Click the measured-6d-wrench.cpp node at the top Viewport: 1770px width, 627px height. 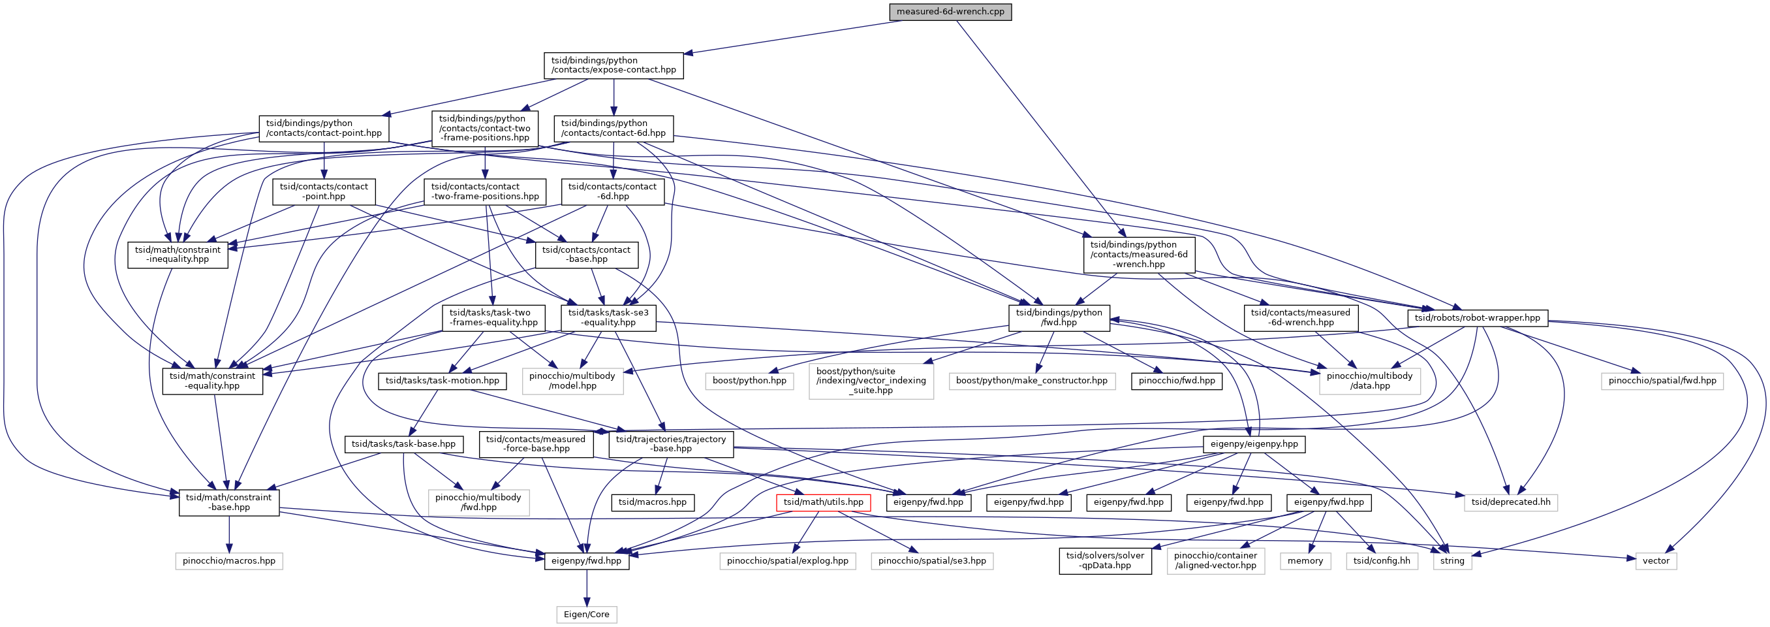(x=950, y=12)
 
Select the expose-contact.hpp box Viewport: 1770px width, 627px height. (x=613, y=65)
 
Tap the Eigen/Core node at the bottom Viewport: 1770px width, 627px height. (x=586, y=614)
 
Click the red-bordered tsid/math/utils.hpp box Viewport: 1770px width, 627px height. (x=823, y=502)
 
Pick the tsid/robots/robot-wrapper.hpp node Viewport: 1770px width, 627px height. (x=1478, y=317)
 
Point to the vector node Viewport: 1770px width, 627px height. (x=1655, y=560)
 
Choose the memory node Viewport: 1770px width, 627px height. (x=1305, y=560)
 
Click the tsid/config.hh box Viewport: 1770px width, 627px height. (x=1381, y=560)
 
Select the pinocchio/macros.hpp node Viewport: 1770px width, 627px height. (x=229, y=560)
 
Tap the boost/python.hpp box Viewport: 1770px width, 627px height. (x=749, y=380)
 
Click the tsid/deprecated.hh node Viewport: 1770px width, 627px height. (x=1510, y=502)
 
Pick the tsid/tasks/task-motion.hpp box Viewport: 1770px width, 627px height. (x=442, y=380)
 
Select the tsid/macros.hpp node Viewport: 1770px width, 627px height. (x=652, y=502)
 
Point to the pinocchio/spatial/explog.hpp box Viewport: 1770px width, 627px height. (x=788, y=560)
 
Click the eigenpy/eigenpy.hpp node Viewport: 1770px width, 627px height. (x=1254, y=443)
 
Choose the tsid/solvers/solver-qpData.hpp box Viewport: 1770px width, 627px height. (x=1105, y=560)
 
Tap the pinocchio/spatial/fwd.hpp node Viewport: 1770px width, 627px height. (x=1662, y=380)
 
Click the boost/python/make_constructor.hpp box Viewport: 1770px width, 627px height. (x=1031, y=380)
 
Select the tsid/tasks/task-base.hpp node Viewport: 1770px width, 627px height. (x=403, y=443)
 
